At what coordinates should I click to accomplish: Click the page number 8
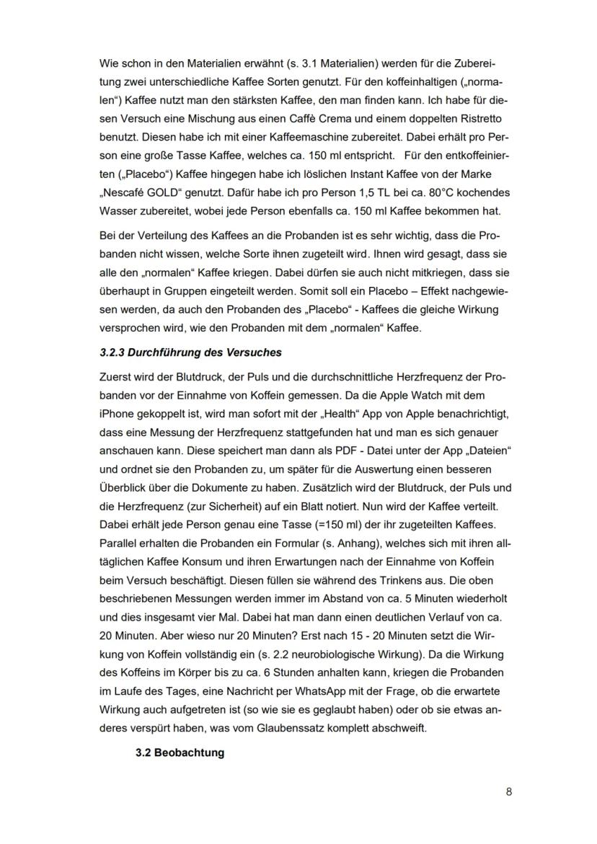coord(509,791)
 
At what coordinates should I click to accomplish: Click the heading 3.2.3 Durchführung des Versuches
coord(190,352)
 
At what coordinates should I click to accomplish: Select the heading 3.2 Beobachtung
coord(180,752)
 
